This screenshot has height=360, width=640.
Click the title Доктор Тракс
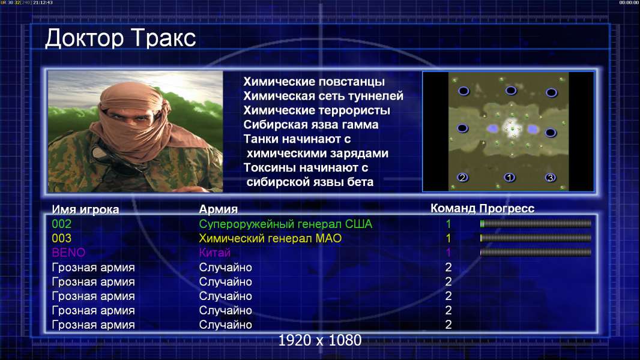point(121,38)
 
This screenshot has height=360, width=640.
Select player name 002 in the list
point(62,224)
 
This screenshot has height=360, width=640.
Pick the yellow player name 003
point(62,238)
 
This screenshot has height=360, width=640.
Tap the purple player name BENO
point(68,253)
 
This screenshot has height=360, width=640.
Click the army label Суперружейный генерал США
point(286,224)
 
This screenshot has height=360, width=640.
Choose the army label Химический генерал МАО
point(270,238)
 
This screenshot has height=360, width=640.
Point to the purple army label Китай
point(215,253)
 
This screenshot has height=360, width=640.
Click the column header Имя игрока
point(85,209)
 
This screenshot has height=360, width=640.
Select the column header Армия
point(219,209)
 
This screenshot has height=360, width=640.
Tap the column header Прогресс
point(507,208)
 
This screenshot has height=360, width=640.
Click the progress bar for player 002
point(536,223)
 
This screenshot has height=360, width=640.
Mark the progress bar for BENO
point(536,253)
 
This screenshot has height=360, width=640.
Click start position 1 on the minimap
point(509,178)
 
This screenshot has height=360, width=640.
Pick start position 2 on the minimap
point(462,178)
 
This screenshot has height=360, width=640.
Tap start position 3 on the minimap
point(551,178)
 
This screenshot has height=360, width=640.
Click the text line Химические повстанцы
point(314,82)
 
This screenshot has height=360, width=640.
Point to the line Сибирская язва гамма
point(311,125)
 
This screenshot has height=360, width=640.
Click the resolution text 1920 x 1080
point(320,340)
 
